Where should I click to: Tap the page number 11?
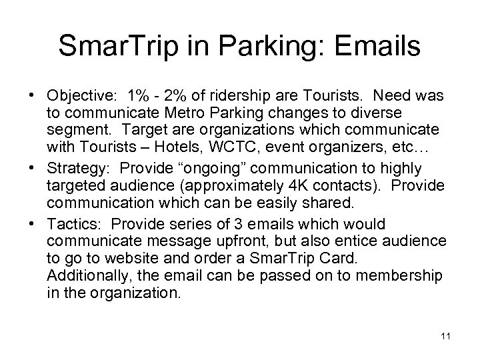(446, 336)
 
